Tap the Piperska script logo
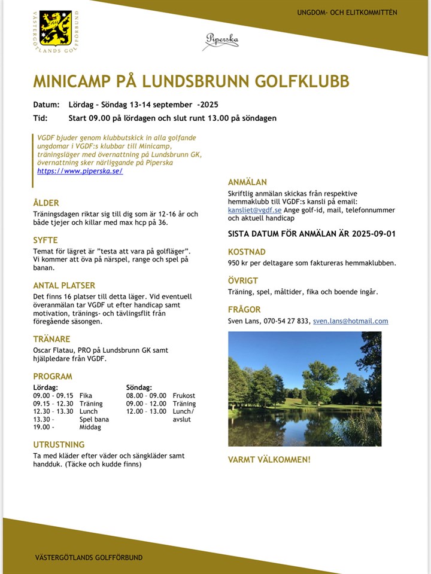pos(222,40)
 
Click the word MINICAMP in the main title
pos(72,81)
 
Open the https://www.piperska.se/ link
pos(80,171)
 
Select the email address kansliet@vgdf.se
pos(254,210)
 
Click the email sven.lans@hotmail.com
pos(350,321)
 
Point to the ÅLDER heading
pos(46,203)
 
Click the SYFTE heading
pos(45,240)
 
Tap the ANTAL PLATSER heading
pos(64,285)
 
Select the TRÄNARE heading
pos(51,339)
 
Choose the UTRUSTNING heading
pos(59,444)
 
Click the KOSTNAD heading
pos(247,252)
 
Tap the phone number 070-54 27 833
pos(286,321)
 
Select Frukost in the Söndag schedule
pos(184,396)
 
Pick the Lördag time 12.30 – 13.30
pos(53,411)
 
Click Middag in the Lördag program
pos(90,427)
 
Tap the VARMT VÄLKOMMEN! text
pos(269,460)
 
